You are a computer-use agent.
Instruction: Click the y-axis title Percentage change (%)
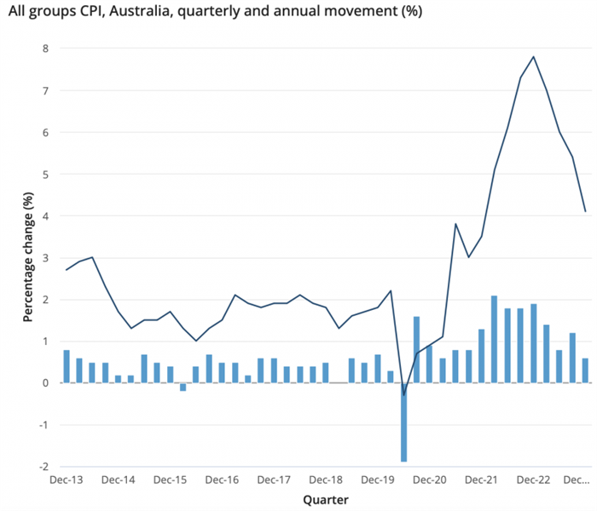point(27,258)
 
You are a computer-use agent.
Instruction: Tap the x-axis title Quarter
point(326,500)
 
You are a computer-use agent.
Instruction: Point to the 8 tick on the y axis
point(45,49)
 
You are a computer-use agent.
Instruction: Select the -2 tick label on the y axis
point(43,467)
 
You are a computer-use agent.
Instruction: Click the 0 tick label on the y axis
point(45,383)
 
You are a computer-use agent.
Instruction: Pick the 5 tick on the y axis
point(45,174)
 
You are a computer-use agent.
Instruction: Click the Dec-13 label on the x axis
point(67,480)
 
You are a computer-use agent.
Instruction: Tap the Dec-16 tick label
point(222,480)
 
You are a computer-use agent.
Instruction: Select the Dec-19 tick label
point(378,480)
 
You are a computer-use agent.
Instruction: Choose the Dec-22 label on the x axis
point(534,480)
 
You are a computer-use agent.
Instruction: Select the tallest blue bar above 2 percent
point(495,339)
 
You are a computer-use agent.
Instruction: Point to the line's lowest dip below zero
point(403,395)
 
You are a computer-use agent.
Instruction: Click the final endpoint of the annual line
point(585,211)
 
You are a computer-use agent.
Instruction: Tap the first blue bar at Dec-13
point(67,366)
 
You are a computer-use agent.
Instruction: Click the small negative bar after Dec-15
point(183,388)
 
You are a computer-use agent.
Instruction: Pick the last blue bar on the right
point(585,370)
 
